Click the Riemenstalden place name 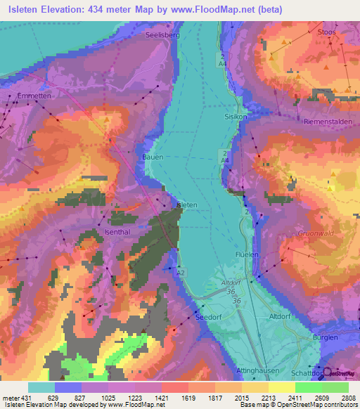click(313, 122)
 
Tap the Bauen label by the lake click(153, 157)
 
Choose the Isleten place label click(193, 204)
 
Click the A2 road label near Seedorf click(181, 273)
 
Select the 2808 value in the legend click(349, 397)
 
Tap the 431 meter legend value click(16, 397)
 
